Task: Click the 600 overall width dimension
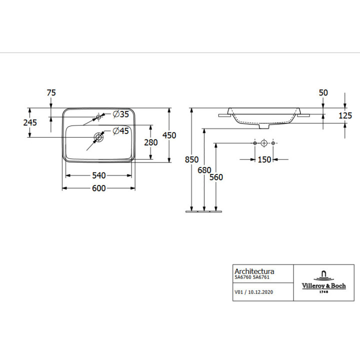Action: (99, 188)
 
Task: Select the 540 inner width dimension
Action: (99, 175)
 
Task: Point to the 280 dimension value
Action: (150, 142)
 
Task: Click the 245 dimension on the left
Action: (29, 122)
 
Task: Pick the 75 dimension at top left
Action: (51, 92)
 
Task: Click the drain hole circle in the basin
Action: (99, 136)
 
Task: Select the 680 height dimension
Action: (204, 170)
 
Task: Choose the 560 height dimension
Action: (216, 177)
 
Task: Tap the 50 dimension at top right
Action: (323, 92)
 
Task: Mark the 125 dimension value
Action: (345, 115)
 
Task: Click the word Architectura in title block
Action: (254, 271)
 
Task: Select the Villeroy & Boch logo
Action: (323, 282)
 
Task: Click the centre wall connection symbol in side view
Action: (264, 143)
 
